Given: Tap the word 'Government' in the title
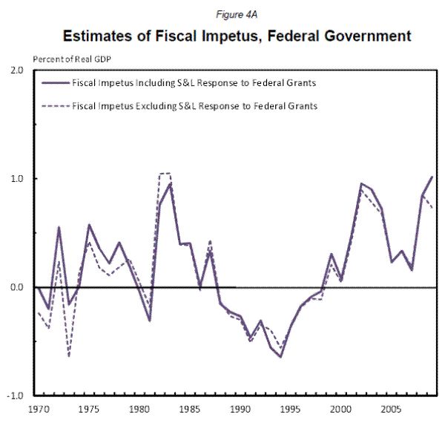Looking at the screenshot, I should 366,35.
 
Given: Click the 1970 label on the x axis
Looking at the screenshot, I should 37,409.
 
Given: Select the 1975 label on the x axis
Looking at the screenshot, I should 89,409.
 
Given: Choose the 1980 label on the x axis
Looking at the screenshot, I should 139,409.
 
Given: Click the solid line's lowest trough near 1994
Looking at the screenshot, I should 281,356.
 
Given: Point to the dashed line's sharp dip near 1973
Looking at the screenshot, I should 69,356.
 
